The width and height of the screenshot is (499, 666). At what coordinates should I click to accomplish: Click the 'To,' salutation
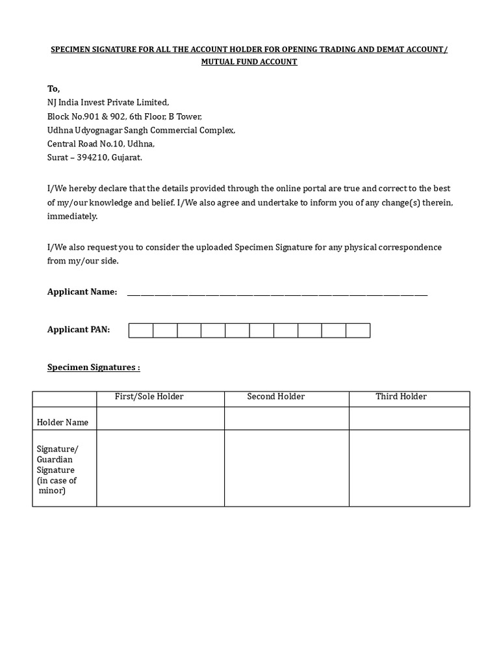pyautogui.click(x=53, y=88)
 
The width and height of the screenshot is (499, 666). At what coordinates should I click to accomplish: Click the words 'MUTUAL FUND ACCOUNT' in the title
pyautogui.click(x=249, y=62)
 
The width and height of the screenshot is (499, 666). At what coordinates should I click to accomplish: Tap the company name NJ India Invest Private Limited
pyautogui.click(x=108, y=102)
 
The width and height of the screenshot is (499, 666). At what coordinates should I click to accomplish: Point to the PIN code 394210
pyautogui.click(x=92, y=157)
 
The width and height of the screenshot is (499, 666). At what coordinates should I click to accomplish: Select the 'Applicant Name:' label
pyautogui.click(x=82, y=292)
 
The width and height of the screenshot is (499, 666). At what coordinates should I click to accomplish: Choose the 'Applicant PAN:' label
pyautogui.click(x=79, y=330)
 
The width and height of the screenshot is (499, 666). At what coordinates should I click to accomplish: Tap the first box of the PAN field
pyautogui.click(x=141, y=330)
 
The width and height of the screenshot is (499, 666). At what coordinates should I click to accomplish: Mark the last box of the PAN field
pyautogui.click(x=357, y=330)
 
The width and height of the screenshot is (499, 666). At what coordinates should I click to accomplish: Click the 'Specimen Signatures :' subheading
pyautogui.click(x=94, y=367)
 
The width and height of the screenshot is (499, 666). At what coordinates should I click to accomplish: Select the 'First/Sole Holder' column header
pyautogui.click(x=149, y=397)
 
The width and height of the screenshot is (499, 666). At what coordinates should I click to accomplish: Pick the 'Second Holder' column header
pyautogui.click(x=275, y=397)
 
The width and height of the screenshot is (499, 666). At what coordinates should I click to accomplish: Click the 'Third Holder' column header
pyautogui.click(x=401, y=397)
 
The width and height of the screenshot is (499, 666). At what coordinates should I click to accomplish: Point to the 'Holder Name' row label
pyautogui.click(x=62, y=422)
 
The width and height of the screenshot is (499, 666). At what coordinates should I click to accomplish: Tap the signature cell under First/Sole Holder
pyautogui.click(x=160, y=468)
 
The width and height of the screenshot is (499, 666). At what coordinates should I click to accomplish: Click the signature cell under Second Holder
pyautogui.click(x=287, y=468)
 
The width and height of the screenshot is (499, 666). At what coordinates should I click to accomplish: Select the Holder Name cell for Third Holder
pyautogui.click(x=409, y=419)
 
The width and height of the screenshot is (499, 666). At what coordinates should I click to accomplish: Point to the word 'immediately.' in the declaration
pyautogui.click(x=72, y=217)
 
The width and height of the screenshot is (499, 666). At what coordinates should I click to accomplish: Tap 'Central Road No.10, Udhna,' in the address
pyautogui.click(x=101, y=144)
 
